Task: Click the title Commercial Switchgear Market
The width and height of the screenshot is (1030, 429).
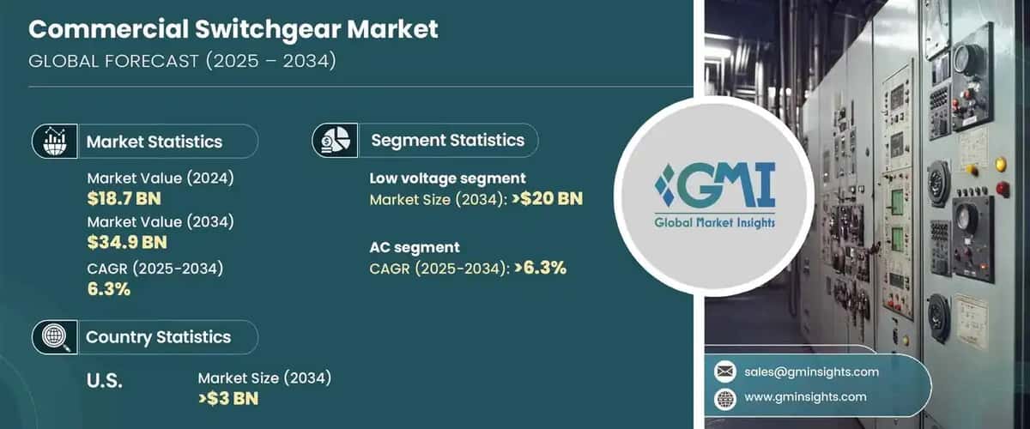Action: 233,29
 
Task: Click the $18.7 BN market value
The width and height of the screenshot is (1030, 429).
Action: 124,199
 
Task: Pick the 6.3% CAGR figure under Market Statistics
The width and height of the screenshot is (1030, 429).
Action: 108,289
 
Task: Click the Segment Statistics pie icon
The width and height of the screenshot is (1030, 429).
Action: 335,140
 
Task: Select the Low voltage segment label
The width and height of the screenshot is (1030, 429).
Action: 447,178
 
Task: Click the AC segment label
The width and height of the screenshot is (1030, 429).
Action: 415,247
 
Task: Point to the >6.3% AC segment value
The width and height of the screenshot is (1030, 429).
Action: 540,268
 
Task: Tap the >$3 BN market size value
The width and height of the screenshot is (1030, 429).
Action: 227,399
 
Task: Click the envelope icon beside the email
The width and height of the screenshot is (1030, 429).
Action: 725,372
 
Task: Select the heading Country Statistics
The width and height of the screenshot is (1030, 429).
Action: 158,337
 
